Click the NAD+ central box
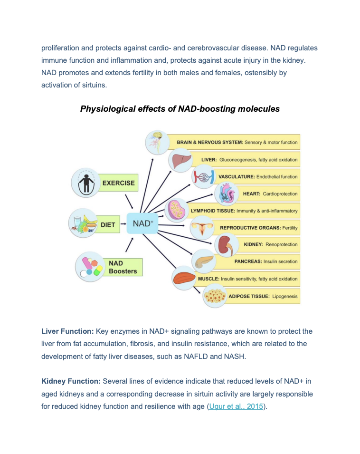coord(142,223)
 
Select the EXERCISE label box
coord(118,183)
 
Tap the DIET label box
coord(107,224)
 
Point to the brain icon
coord(157,142)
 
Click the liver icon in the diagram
coord(181,160)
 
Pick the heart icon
coord(227,193)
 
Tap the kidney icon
coord(227,245)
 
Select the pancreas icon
coord(204,261)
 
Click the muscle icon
coord(184,278)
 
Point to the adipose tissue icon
coord(215,296)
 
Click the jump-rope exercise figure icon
coord(85,183)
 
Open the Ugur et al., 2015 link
coord(236,406)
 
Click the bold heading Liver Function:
coord(67,331)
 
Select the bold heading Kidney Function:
coord(71,381)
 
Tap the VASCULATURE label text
coord(237,177)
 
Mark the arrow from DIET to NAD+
coord(123,224)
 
